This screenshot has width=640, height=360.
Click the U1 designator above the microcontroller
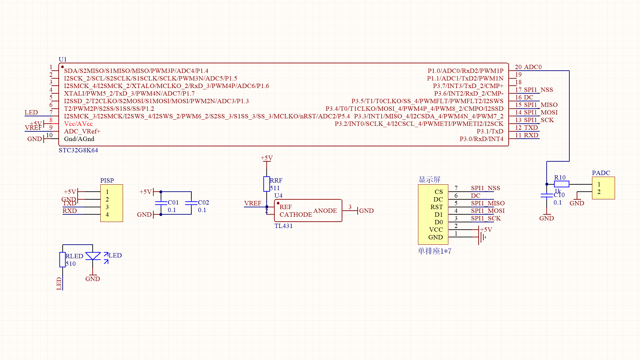click(63, 59)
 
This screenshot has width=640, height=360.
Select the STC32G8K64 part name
click(78, 150)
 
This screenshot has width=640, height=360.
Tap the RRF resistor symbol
click(266, 184)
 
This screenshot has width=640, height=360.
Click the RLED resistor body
click(62, 260)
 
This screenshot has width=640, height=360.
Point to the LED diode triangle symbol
click(93, 256)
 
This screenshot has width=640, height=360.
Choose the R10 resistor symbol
click(561, 184)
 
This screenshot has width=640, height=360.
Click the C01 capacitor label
click(173, 203)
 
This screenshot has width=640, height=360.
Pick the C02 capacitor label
click(203, 203)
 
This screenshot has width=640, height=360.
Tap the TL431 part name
click(283, 226)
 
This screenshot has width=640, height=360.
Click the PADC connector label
click(601, 173)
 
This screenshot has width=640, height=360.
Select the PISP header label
click(107, 180)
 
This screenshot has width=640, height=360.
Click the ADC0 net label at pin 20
click(533, 67)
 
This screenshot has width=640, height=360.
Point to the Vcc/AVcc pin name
click(78, 124)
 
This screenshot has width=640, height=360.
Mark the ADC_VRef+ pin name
click(82, 131)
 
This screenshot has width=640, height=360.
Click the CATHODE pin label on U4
click(296, 215)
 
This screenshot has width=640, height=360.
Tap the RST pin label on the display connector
click(436, 207)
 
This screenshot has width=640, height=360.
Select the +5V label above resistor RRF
click(267, 158)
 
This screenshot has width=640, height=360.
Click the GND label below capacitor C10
click(547, 218)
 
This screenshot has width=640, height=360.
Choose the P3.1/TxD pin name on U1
click(490, 131)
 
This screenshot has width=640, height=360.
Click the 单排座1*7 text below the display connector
click(435, 251)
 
